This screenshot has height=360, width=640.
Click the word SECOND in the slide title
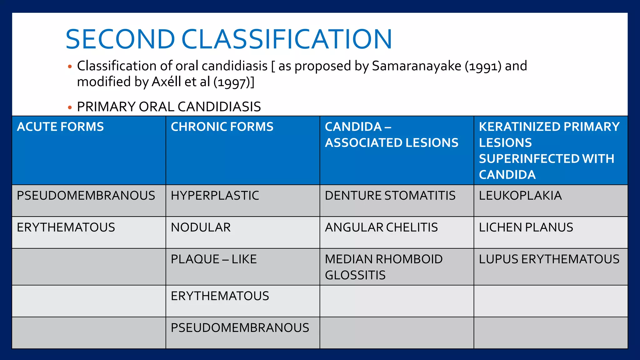(120, 39)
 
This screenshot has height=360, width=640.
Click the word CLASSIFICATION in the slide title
(287, 39)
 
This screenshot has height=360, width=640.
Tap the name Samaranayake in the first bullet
(416, 66)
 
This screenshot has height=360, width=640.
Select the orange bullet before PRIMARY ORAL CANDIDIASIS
(70, 107)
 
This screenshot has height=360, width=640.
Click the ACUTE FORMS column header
(60, 127)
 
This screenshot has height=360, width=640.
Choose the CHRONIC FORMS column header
(222, 127)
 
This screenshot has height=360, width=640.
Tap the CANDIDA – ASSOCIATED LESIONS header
(391, 135)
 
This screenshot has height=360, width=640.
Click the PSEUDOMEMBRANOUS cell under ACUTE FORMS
(86, 196)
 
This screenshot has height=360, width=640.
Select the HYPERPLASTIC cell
(215, 196)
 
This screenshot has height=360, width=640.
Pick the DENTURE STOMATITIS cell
(390, 196)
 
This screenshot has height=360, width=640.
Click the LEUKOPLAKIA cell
(520, 196)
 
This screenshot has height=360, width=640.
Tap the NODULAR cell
(201, 227)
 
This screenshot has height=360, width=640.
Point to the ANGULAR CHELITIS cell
(381, 227)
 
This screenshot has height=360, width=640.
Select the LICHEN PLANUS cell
(526, 227)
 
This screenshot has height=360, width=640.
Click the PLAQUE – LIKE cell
(214, 259)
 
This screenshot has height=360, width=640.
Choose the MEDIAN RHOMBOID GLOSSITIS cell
(384, 267)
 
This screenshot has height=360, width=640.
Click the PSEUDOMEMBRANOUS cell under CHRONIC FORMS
(240, 328)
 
